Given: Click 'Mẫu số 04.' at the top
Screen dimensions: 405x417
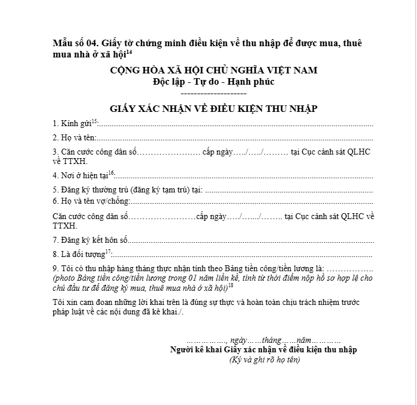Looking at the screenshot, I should coord(75,43).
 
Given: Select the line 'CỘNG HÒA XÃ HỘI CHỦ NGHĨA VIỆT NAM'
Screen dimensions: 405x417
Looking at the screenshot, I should coord(214,70).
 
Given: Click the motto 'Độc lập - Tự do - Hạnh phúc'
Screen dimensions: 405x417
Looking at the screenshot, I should coord(214,82).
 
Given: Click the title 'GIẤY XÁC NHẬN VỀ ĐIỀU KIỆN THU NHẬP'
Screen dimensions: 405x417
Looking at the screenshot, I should coord(214,108).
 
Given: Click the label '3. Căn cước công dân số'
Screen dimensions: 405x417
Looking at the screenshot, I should coord(95,152).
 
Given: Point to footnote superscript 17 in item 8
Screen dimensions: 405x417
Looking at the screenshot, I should coord(108,252).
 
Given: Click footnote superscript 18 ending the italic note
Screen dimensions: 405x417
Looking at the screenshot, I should coord(231,285).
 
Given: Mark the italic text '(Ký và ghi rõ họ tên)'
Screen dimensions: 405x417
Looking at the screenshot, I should coord(264,360).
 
